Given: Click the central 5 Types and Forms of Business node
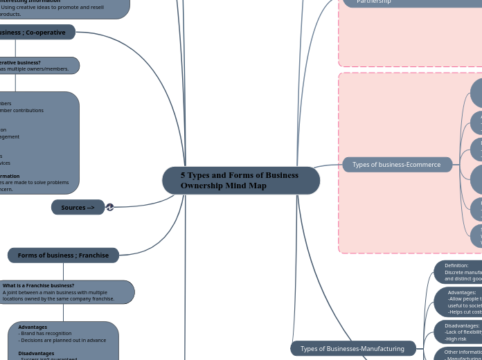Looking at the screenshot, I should (240, 181).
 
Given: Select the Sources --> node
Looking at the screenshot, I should (78, 208).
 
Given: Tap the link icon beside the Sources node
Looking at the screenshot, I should (109, 207).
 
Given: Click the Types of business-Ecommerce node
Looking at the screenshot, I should (396, 165).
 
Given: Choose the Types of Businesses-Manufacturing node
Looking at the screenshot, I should (352, 348).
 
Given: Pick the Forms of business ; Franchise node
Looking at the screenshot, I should (63, 255).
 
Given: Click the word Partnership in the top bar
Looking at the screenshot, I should (374, 2).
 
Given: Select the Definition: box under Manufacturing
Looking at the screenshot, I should (458, 272).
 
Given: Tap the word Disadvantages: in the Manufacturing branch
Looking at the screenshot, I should (462, 325).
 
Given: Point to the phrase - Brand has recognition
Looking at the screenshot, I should (44, 334).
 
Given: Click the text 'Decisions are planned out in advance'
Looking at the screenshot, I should (64, 340).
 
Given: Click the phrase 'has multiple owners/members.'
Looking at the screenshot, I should (35, 69).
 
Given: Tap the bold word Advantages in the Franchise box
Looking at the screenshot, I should (33, 327).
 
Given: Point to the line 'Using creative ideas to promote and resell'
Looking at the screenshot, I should (53, 8).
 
